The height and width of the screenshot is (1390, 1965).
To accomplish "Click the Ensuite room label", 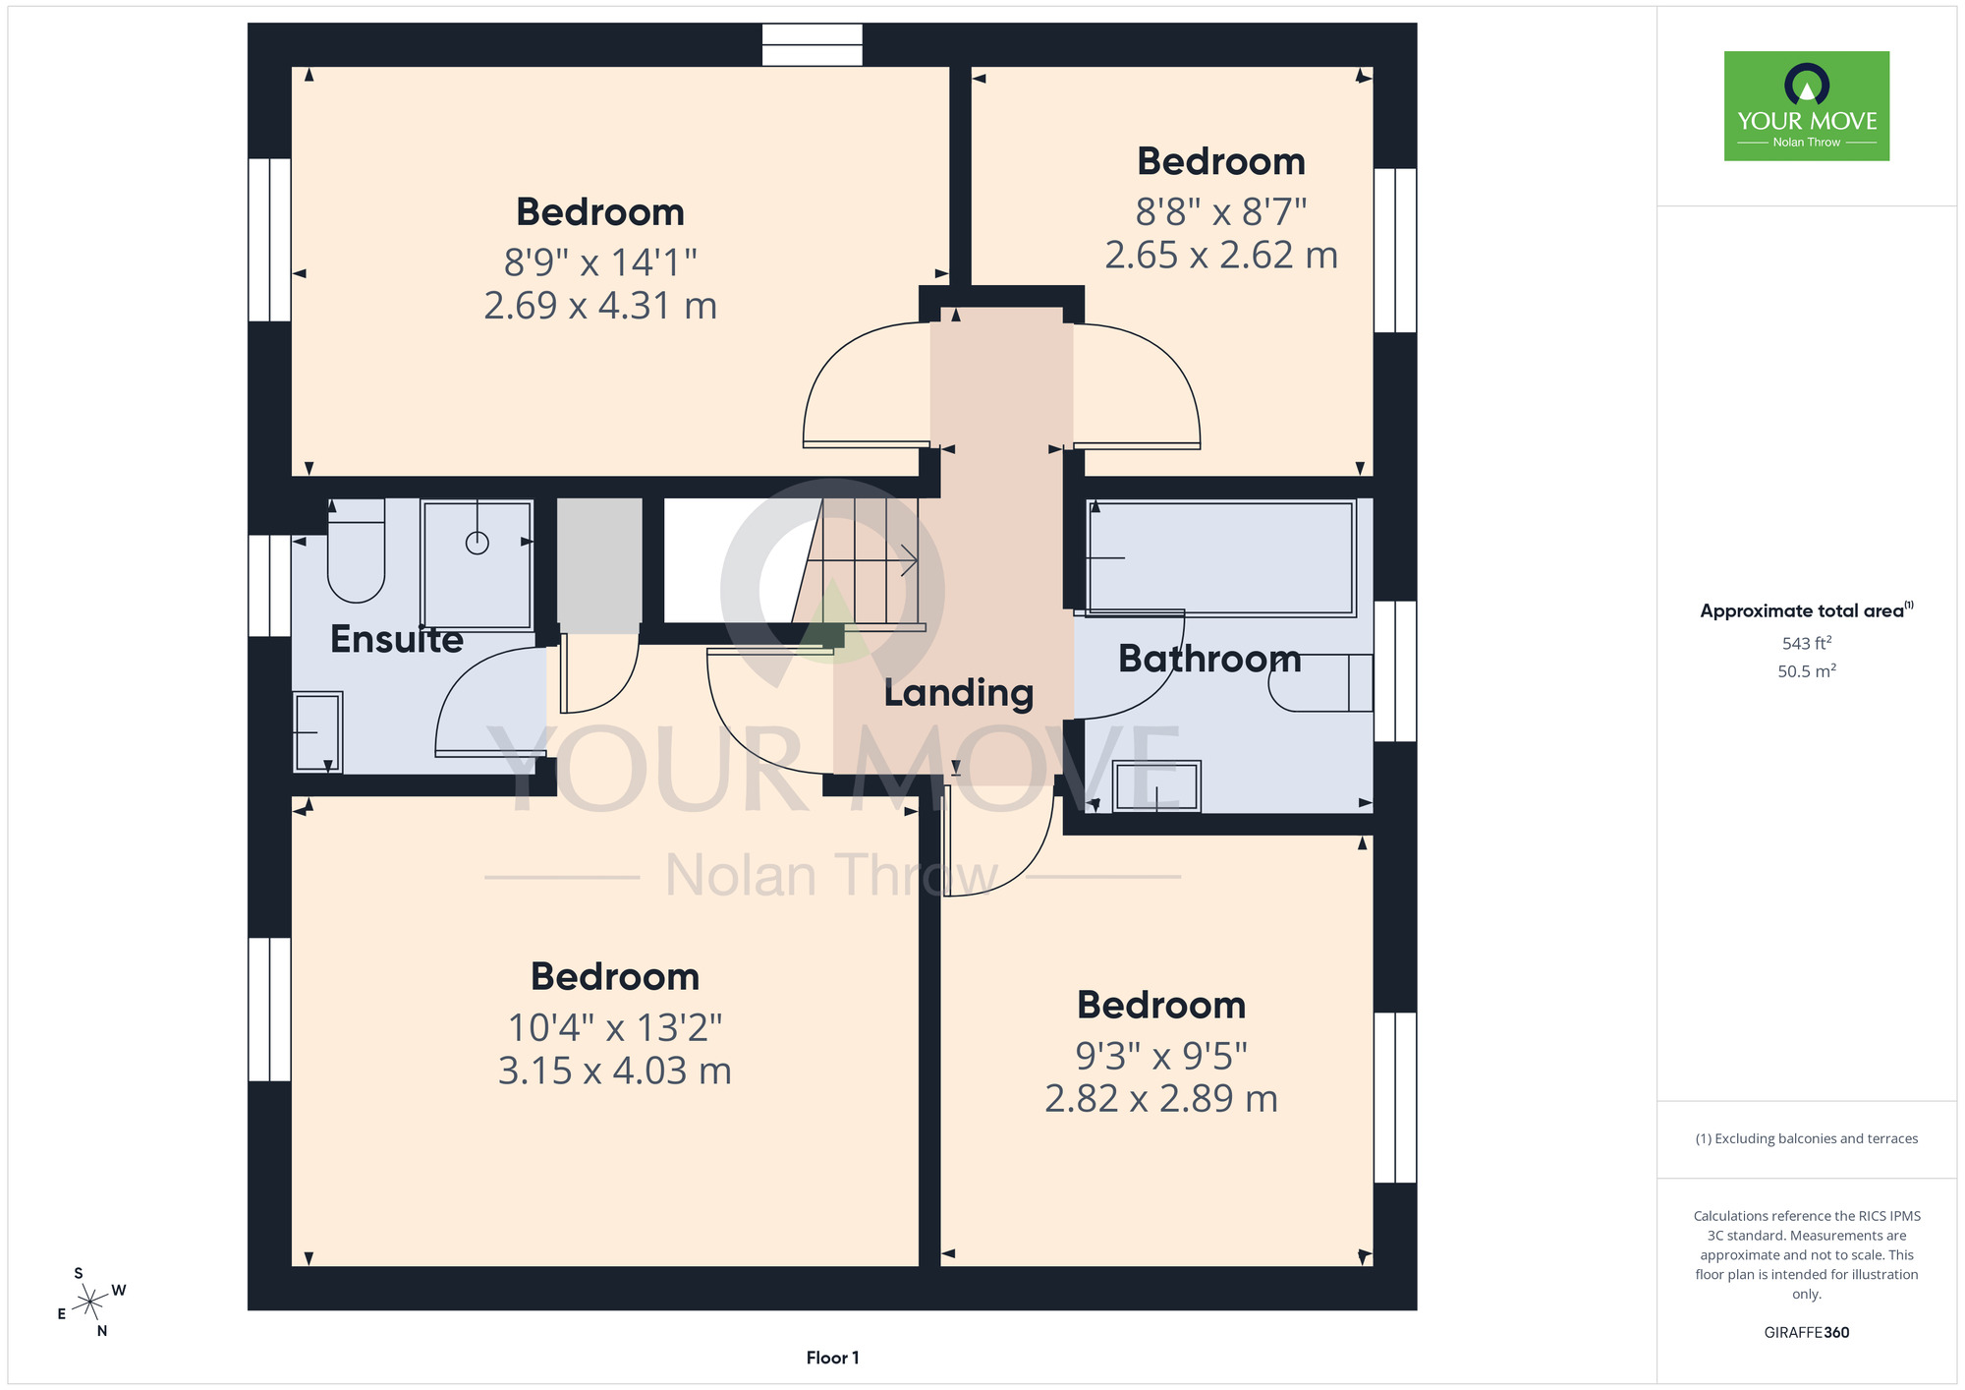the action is (396, 639).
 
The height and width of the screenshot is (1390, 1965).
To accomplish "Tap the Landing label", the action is (959, 693).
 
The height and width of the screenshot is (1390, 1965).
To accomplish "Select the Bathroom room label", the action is (1209, 659).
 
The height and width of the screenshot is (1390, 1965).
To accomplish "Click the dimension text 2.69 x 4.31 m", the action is (600, 306).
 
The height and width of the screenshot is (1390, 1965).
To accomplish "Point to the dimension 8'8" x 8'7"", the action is (1221, 211).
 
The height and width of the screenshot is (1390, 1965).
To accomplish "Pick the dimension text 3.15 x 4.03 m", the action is (615, 1071).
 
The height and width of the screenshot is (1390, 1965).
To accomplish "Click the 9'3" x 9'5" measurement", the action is (1161, 1056).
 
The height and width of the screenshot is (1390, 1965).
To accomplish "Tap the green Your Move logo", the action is (1807, 106).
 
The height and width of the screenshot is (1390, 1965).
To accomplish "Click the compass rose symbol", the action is (90, 1303).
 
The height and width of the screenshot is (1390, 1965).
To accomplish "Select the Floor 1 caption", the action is (832, 1358).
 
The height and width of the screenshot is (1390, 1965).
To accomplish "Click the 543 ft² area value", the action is (1807, 643).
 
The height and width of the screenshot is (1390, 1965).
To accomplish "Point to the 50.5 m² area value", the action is (1807, 671).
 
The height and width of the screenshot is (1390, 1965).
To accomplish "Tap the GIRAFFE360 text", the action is (1807, 1333).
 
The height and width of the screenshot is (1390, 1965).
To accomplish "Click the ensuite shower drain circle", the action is (477, 543).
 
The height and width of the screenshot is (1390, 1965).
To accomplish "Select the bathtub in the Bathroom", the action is (1221, 558).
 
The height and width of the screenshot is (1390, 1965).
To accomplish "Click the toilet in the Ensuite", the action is (356, 550).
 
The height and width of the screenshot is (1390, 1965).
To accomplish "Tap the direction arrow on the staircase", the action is (908, 561).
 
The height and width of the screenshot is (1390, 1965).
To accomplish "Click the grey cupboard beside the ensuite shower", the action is (600, 565).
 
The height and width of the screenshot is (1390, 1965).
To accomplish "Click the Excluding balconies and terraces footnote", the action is (1807, 1138).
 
